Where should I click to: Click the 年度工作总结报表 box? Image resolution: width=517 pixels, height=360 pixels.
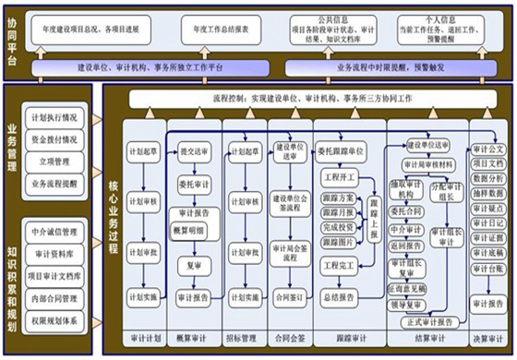click(220, 30)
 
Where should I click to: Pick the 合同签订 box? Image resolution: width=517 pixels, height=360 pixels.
click(290, 297)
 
